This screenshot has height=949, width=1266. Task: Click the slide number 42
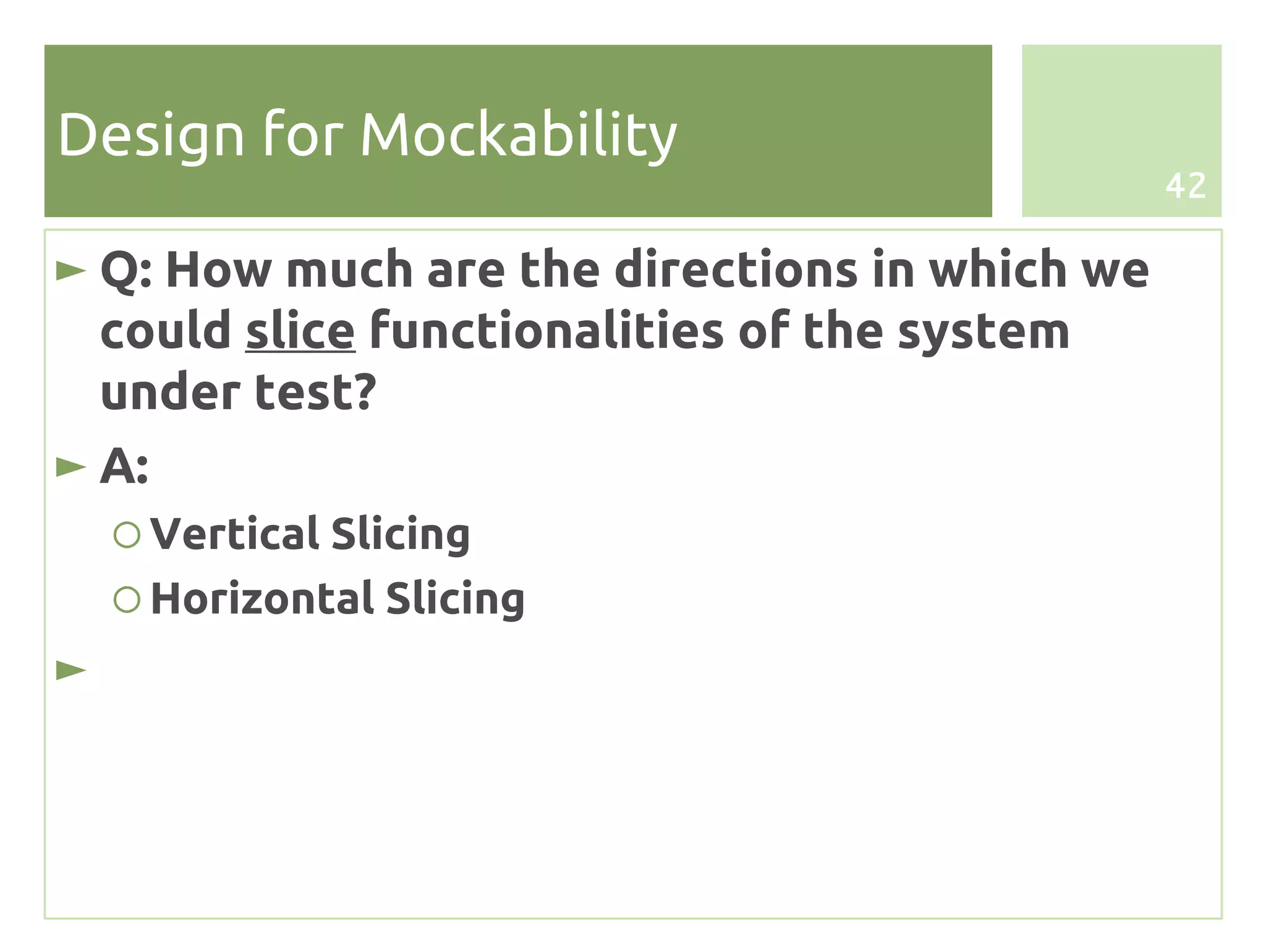[x=1185, y=185]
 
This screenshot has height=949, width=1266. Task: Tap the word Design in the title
[x=151, y=135]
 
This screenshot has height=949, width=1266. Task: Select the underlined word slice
[x=300, y=331]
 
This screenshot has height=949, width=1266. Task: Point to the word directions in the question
[x=736, y=270]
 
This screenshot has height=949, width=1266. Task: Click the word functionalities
[x=546, y=331]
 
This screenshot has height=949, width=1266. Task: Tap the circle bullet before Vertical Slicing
[x=127, y=534]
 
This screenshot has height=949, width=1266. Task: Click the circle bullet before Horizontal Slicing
[x=127, y=599]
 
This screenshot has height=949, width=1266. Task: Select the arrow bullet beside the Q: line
[x=71, y=271]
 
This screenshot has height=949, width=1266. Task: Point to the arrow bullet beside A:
[x=71, y=467]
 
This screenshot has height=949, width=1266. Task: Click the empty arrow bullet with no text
[x=71, y=670]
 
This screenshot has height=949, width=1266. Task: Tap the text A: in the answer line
[x=124, y=467]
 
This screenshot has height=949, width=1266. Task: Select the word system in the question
[x=983, y=331]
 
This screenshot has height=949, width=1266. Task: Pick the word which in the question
[x=998, y=270]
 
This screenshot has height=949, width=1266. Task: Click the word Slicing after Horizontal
[x=455, y=598]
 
